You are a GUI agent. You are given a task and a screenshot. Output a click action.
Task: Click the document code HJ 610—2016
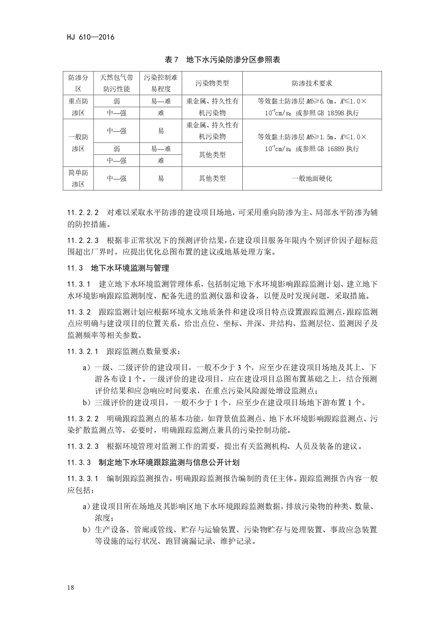[x=90, y=37]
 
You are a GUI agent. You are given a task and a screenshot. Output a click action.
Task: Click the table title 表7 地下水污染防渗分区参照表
[x=222, y=60]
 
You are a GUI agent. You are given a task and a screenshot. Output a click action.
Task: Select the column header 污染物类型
[x=212, y=83]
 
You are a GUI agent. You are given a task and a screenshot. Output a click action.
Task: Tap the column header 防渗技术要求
[x=312, y=83]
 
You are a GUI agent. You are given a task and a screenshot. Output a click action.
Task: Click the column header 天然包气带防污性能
[x=117, y=83]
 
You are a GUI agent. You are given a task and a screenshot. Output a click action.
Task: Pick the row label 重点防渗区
[x=78, y=107]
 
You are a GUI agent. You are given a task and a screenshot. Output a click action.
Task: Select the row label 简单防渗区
[x=78, y=178]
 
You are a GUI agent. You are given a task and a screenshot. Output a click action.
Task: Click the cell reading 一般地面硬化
[x=312, y=178]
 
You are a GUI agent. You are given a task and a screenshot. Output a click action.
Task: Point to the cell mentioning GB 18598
[x=312, y=107]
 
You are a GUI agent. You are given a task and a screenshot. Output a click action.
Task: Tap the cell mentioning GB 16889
[x=312, y=143]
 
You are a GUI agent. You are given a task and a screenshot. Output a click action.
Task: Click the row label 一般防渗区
[x=78, y=143]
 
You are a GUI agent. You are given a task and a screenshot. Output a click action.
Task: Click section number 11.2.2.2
[x=83, y=213]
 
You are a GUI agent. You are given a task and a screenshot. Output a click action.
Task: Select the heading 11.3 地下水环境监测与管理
[x=118, y=268]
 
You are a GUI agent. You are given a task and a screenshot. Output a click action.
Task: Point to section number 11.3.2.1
[x=83, y=352]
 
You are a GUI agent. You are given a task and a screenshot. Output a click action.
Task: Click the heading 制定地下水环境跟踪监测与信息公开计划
[x=169, y=462]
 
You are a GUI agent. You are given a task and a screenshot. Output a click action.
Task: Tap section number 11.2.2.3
[x=83, y=241]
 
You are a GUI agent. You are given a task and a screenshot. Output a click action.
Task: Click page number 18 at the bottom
[x=70, y=588]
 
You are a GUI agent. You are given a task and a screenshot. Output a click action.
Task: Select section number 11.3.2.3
[x=83, y=446]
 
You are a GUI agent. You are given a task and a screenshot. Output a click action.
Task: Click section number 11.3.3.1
[x=83, y=479]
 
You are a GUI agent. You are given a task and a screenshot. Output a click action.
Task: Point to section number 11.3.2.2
[x=83, y=419]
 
